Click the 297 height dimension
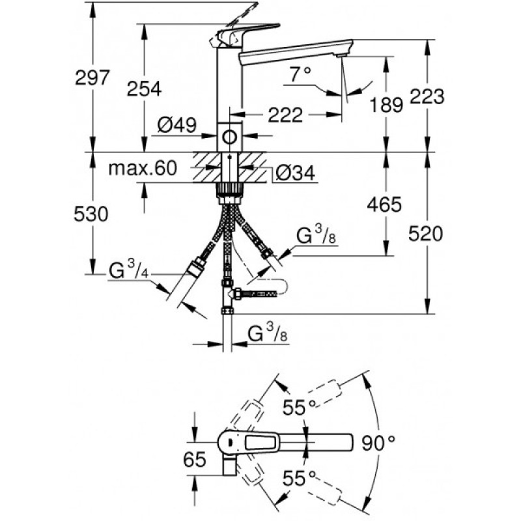tap(92, 77)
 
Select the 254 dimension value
tap(144, 89)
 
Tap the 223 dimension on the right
tap(427, 96)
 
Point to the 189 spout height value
tap(386, 105)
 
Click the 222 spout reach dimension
tap(285, 115)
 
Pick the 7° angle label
tap(300, 74)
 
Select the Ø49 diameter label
tap(177, 125)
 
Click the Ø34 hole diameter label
tap(296, 173)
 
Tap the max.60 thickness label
tap(143, 168)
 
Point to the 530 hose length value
tap(91, 214)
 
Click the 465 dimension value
tap(384, 204)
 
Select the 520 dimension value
tap(426, 233)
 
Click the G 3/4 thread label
tap(128, 270)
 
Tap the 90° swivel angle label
tap(378, 443)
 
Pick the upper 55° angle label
tap(299, 406)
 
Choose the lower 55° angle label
tap(299, 479)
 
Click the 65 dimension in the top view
tap(195, 460)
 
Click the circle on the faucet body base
tap(230, 137)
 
